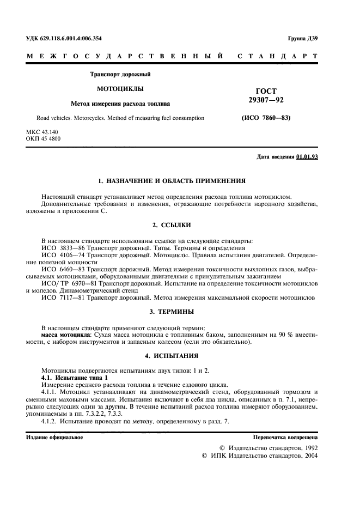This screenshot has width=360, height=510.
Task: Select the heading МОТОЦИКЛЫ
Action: tap(112, 88)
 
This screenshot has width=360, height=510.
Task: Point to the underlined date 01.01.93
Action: tap(307, 157)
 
